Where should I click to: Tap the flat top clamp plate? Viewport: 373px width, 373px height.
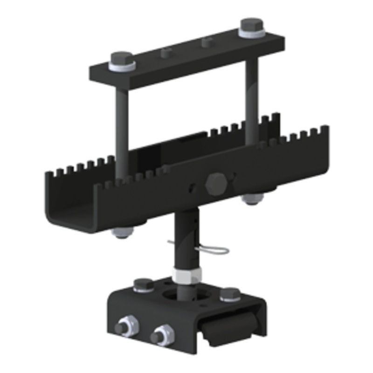pos(186,56)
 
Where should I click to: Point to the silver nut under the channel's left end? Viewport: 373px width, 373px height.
pos(123,232)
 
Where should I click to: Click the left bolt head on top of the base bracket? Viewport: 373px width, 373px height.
pos(143,284)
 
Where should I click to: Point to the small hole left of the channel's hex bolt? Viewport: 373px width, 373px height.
pos(191,188)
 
